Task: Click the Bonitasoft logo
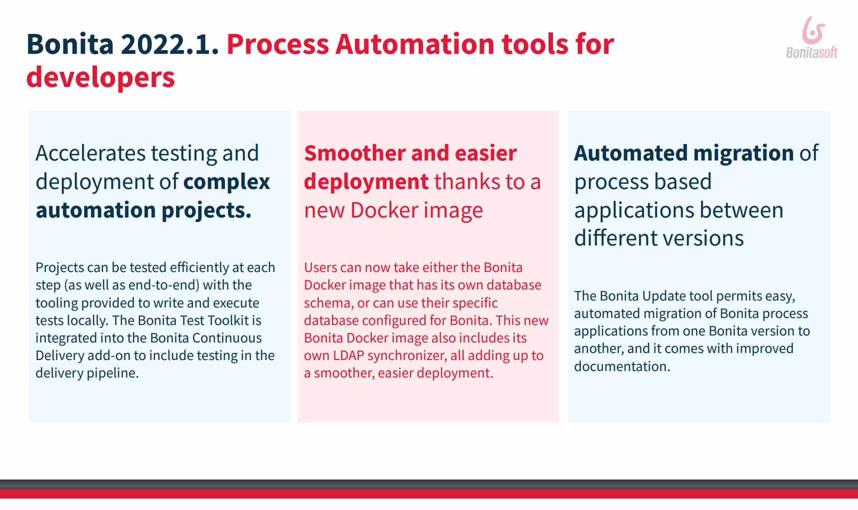811,37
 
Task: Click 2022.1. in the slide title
169,44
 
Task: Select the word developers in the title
100,77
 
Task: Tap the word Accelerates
90,153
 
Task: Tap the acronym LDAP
348,355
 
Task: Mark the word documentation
622,366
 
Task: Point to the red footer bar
429,493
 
